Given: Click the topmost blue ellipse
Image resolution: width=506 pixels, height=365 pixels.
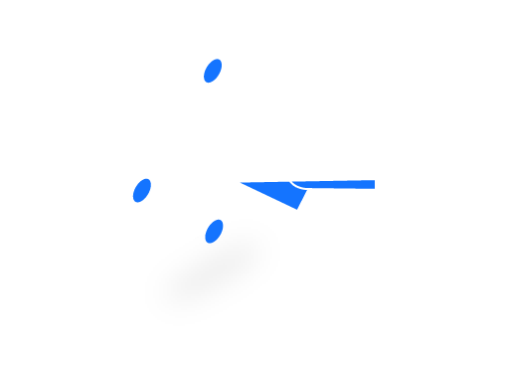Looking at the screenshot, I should [213, 71].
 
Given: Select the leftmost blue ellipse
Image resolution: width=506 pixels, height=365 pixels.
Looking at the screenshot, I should [142, 190].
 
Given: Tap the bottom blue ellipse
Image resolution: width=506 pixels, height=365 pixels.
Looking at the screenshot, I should [214, 231].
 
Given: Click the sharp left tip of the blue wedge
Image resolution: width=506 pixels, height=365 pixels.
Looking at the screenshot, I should [237, 182].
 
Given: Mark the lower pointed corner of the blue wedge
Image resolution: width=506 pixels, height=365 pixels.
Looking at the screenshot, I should [298, 211].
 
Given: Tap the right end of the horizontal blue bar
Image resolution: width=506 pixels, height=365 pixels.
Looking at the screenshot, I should [374, 184].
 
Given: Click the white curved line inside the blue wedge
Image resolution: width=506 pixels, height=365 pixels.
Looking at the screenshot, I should [295, 186].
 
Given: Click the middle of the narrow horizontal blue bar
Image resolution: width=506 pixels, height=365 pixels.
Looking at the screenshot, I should [338, 184].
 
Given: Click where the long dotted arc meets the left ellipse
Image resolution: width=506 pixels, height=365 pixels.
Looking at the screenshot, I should [145, 177].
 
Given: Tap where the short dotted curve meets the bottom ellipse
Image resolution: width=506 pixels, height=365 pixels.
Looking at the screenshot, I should [204, 238].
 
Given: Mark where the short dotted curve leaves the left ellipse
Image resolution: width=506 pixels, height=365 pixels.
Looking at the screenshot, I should [144, 204].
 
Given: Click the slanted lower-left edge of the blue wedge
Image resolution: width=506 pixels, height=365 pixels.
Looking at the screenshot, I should [266, 196].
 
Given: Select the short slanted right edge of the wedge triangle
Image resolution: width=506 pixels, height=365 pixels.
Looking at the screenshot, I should [304, 200].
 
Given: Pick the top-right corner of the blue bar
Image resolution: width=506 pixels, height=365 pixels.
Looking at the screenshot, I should [376, 179].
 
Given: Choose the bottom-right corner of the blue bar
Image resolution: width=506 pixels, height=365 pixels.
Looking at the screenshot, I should [376, 189].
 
